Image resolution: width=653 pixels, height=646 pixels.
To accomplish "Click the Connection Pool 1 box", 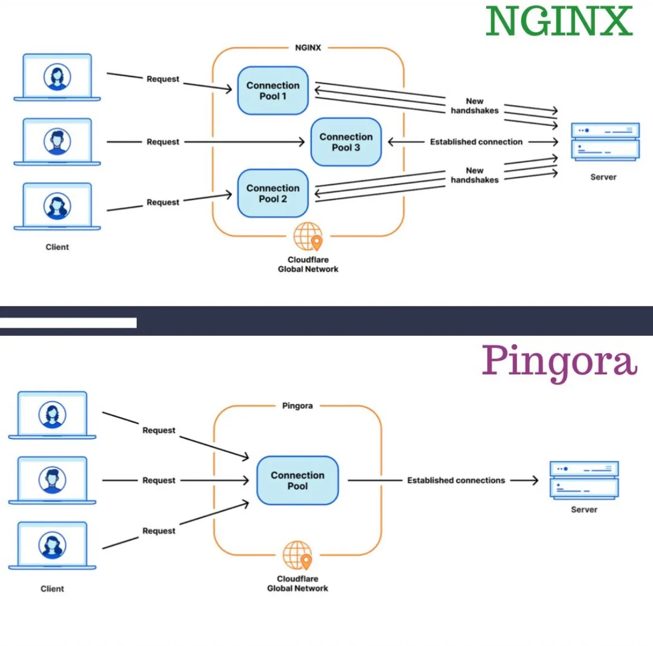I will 273,91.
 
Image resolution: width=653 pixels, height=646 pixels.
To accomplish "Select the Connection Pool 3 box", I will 345,142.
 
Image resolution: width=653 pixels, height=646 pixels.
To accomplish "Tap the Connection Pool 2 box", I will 273,194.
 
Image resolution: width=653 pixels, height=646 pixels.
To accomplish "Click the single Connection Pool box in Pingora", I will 297,480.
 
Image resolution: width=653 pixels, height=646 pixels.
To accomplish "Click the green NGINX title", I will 559,22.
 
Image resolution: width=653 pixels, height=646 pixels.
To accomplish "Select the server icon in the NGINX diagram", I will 605,142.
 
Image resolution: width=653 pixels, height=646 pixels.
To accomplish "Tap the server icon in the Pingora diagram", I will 584,480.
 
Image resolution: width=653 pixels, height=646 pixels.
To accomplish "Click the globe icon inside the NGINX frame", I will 308,237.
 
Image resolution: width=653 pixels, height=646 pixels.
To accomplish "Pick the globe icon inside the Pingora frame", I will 297,555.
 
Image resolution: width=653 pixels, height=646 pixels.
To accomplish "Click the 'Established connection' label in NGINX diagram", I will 476,142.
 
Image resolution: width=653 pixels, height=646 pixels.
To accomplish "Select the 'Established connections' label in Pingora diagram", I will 456,480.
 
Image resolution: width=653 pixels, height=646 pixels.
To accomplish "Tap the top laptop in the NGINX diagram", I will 57,77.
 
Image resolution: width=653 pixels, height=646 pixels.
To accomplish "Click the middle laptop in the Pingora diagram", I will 52,480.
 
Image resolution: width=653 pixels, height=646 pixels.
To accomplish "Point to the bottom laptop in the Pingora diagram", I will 52,546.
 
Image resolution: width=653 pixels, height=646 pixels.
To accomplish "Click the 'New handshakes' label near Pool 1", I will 474,106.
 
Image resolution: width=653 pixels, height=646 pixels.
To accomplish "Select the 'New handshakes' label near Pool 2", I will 474,175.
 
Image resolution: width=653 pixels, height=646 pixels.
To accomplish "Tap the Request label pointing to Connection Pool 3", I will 163,142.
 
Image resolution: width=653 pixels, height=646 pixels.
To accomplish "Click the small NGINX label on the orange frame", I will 308,48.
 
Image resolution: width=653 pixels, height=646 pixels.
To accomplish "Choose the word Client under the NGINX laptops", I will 57,247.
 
